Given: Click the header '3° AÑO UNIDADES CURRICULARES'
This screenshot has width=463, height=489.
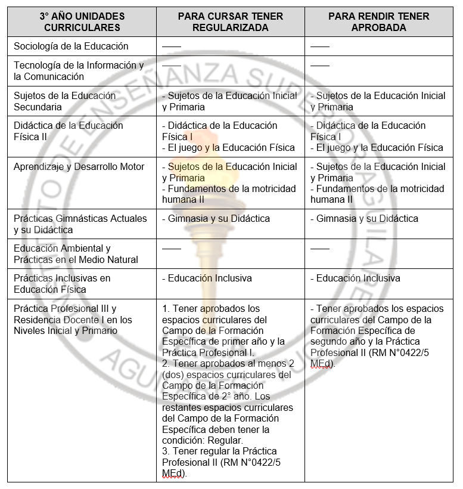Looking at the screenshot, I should pyautogui.click(x=82, y=21).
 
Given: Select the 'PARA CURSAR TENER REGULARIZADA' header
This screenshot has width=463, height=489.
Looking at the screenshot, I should pyautogui.click(x=231, y=21).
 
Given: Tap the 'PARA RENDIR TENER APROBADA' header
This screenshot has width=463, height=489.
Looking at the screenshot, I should pyautogui.click(x=378, y=21).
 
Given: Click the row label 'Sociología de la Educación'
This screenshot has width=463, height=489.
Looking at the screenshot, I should pyautogui.click(x=71, y=47).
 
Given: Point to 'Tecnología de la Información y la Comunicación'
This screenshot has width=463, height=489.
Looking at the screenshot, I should pyautogui.click(x=78, y=71).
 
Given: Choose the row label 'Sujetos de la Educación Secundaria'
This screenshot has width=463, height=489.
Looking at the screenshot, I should pyautogui.click(x=64, y=101).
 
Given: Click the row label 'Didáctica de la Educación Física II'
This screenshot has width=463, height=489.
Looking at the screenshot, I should pyautogui.click(x=68, y=131).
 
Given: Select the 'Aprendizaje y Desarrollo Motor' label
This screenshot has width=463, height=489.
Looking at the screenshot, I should pyautogui.click(x=79, y=167).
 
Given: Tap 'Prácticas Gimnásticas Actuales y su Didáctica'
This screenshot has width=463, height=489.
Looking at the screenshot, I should pyautogui.click(x=80, y=224).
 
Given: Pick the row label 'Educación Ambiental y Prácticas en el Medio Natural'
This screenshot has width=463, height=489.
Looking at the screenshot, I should pyautogui.click(x=75, y=254).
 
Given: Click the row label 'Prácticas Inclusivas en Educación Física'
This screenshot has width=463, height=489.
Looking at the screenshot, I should pyautogui.click(x=62, y=284).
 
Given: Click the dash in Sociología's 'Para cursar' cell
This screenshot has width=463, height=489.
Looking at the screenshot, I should pyautogui.click(x=172, y=47).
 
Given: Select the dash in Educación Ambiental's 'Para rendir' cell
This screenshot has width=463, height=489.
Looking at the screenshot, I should pyautogui.click(x=320, y=248).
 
